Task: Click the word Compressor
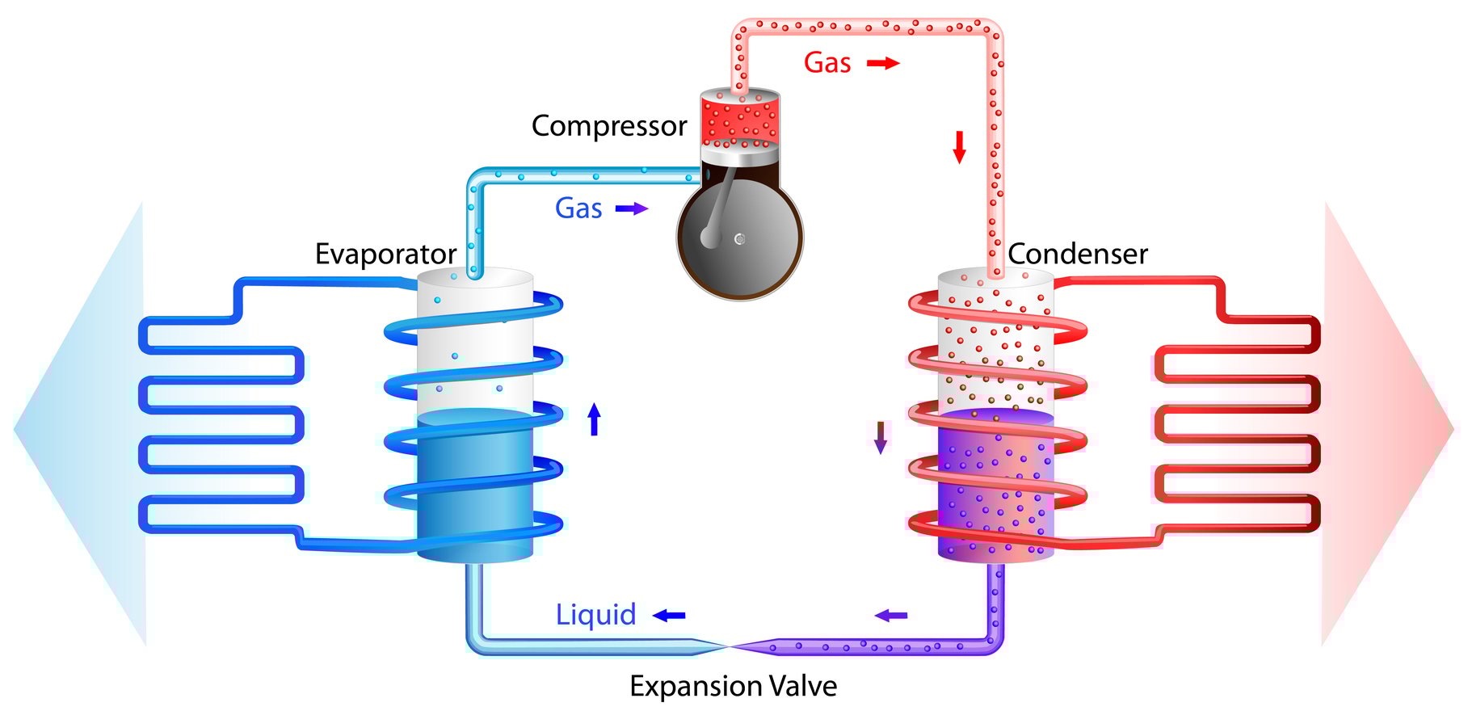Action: (x=609, y=127)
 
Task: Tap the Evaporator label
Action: (x=385, y=255)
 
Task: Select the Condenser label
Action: (x=1078, y=255)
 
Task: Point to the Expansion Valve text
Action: (x=733, y=687)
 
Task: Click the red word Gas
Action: (x=827, y=63)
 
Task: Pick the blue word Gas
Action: (x=578, y=208)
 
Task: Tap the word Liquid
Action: (x=595, y=616)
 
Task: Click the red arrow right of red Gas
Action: (x=883, y=63)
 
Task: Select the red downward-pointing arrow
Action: (x=960, y=147)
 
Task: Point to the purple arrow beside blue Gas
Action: (x=632, y=208)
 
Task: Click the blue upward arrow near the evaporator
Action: (x=595, y=419)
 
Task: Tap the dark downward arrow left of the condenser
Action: (x=881, y=437)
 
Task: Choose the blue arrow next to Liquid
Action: (x=669, y=616)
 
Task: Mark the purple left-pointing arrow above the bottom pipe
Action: (x=891, y=616)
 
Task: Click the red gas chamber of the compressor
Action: (x=740, y=120)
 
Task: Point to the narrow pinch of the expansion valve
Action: (x=731, y=646)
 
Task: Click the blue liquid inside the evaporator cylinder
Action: (x=475, y=485)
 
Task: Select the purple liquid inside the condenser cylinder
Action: (x=996, y=485)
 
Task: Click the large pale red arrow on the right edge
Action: (x=1387, y=424)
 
